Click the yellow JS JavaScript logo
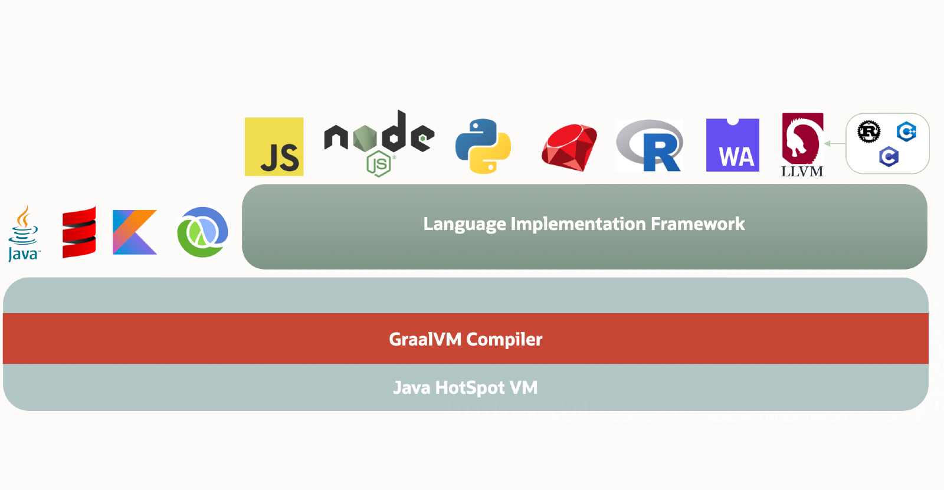(274, 146)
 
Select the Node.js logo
(379, 142)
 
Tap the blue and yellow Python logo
(483, 146)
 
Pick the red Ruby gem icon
(569, 147)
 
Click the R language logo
(649, 146)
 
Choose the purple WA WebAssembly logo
(732, 145)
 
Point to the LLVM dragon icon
(802, 138)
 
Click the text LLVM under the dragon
(802, 172)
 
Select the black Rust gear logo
(868, 131)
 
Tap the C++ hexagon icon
(906, 131)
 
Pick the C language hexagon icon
(889, 157)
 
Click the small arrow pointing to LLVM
(834, 143)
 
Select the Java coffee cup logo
(24, 234)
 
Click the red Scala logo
(79, 232)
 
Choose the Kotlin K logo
(135, 232)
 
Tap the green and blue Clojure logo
(202, 232)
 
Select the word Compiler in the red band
(504, 340)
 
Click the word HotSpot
(470, 388)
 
